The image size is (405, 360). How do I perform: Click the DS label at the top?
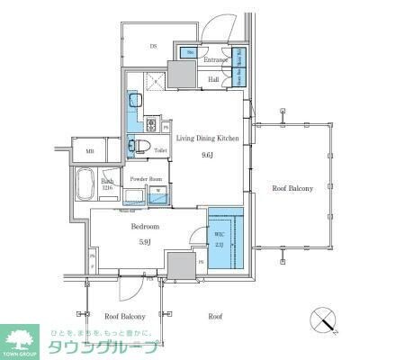tap(153, 46)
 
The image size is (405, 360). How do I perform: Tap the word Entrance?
tap(215, 60)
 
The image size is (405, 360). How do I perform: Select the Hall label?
tap(214, 79)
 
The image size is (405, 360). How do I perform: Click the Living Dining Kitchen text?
tap(207, 138)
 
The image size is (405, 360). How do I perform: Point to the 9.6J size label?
tap(207, 155)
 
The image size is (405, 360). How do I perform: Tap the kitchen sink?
tap(134, 100)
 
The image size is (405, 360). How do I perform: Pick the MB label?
tap(90, 151)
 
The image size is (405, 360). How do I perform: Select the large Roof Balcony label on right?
tap(293, 188)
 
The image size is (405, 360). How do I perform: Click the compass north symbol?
tap(325, 320)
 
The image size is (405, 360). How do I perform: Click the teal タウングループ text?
tap(103, 348)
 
